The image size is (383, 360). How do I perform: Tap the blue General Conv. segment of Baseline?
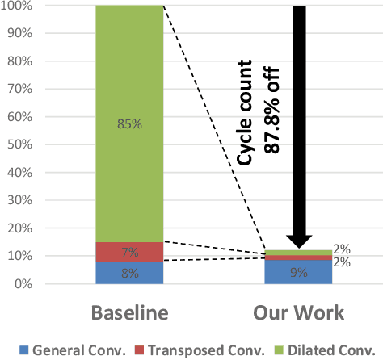pos(128,272)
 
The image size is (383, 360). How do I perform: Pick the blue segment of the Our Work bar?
pos(298,272)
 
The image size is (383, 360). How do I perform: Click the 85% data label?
pos(129,124)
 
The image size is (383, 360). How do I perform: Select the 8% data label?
pos(129,273)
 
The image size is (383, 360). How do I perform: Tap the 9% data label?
pos(299,273)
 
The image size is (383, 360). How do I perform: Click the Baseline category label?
pos(129,312)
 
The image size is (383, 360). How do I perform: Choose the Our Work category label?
pos(299,312)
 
